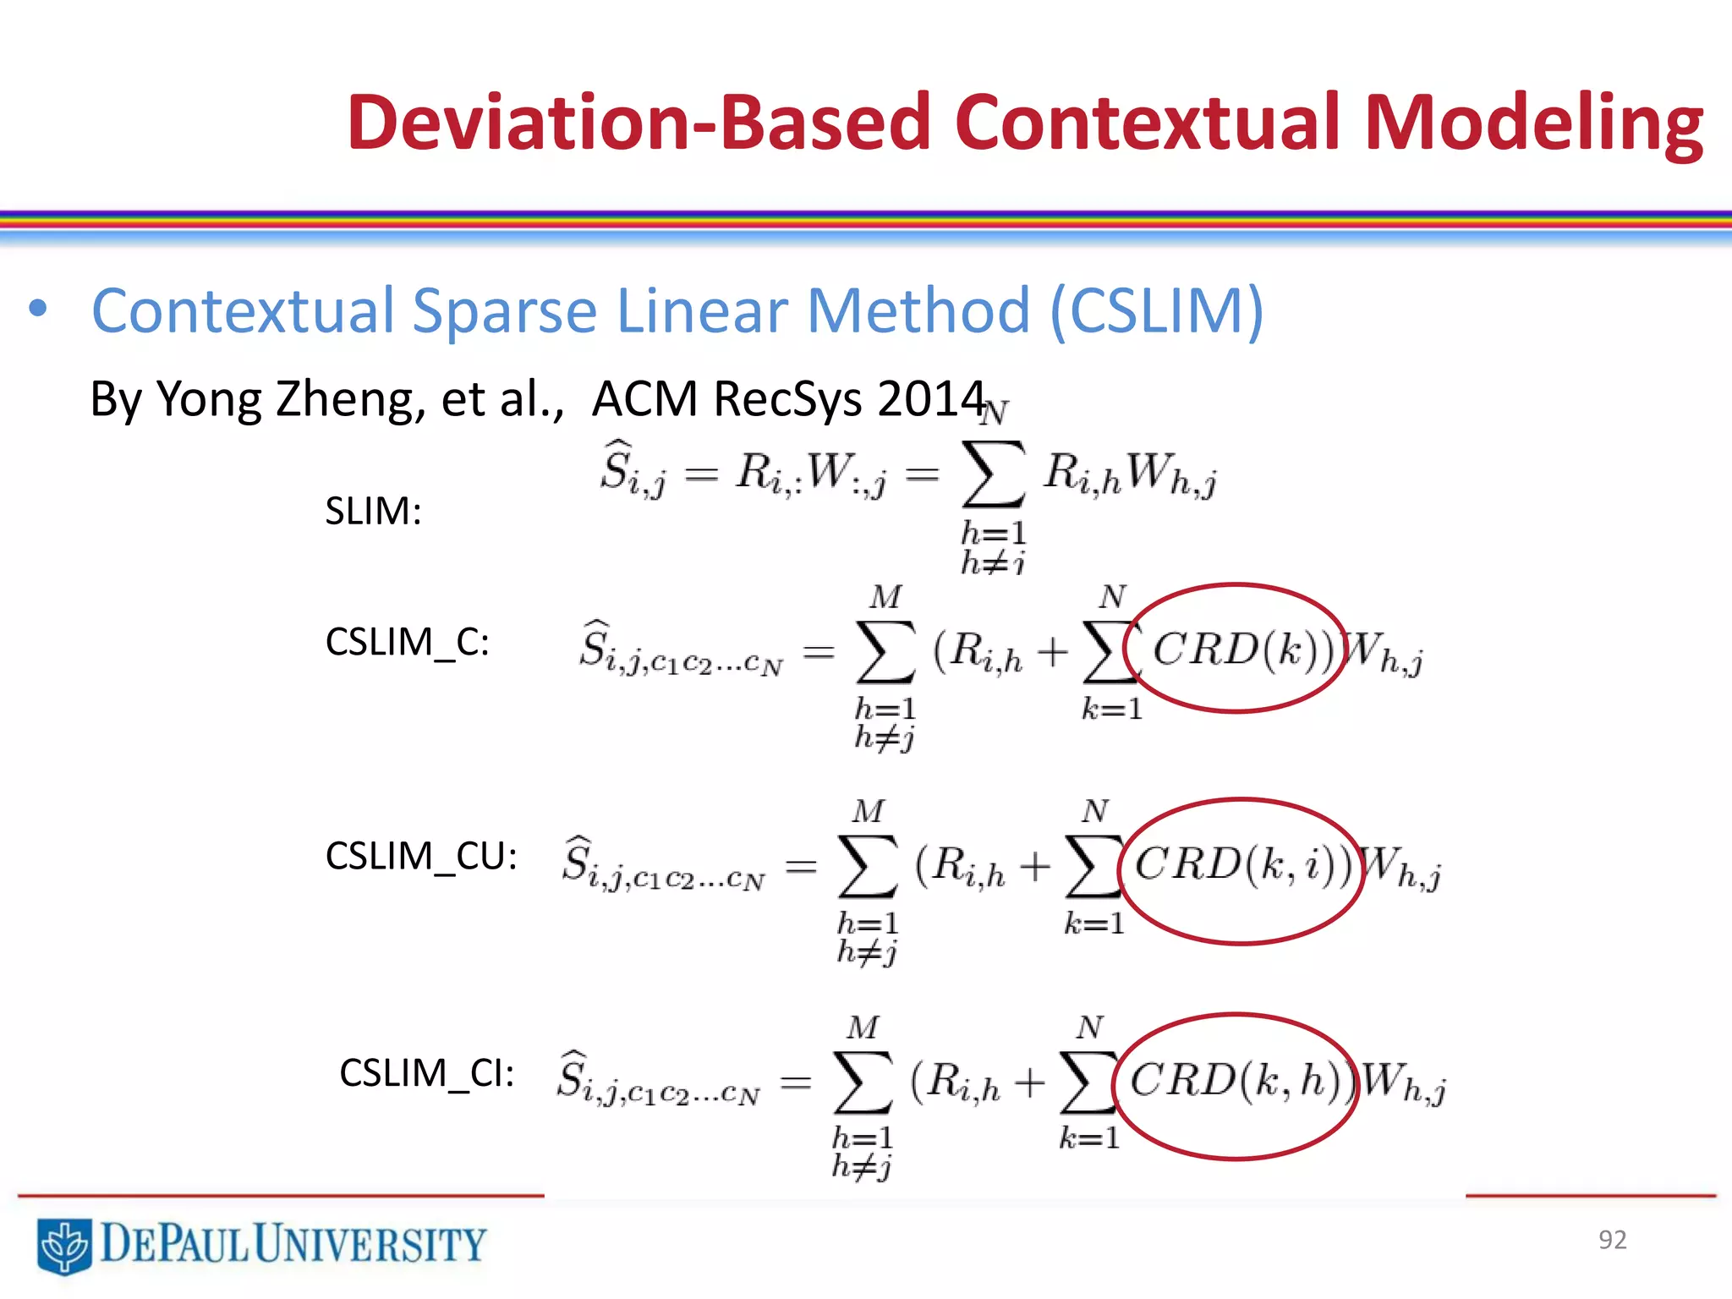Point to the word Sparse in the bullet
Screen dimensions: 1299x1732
505,311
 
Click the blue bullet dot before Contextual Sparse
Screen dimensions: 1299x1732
37,309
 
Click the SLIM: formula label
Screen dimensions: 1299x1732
373,511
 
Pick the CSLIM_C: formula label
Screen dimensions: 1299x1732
407,642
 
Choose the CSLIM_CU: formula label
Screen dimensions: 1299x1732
421,856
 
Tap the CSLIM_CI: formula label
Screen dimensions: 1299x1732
426,1073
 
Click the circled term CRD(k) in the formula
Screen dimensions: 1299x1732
1236,649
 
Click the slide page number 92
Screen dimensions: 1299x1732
1612,1240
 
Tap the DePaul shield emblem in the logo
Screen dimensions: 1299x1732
63,1246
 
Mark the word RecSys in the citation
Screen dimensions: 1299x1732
789,398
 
